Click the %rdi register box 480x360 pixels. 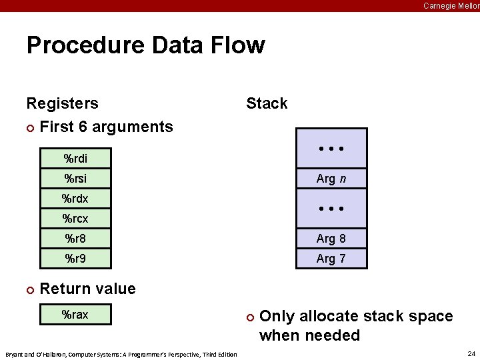click(x=75, y=159)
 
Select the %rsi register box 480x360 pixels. click(x=75, y=179)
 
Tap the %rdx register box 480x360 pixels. click(x=75, y=199)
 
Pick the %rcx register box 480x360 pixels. click(x=75, y=218)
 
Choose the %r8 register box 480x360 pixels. click(x=75, y=238)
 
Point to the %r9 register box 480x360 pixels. click(x=75, y=258)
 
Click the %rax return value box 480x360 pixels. click(x=75, y=315)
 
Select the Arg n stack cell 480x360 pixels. click(x=331, y=179)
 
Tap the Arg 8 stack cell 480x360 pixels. click(x=331, y=239)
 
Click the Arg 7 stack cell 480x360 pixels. click(x=331, y=259)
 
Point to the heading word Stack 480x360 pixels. click(x=267, y=103)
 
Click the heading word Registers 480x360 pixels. click(x=62, y=103)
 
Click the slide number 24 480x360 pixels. click(x=471, y=353)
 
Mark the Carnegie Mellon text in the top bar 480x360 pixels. click(x=451, y=6)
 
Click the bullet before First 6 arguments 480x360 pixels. click(x=29, y=127)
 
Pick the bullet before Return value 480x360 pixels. click(x=29, y=289)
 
